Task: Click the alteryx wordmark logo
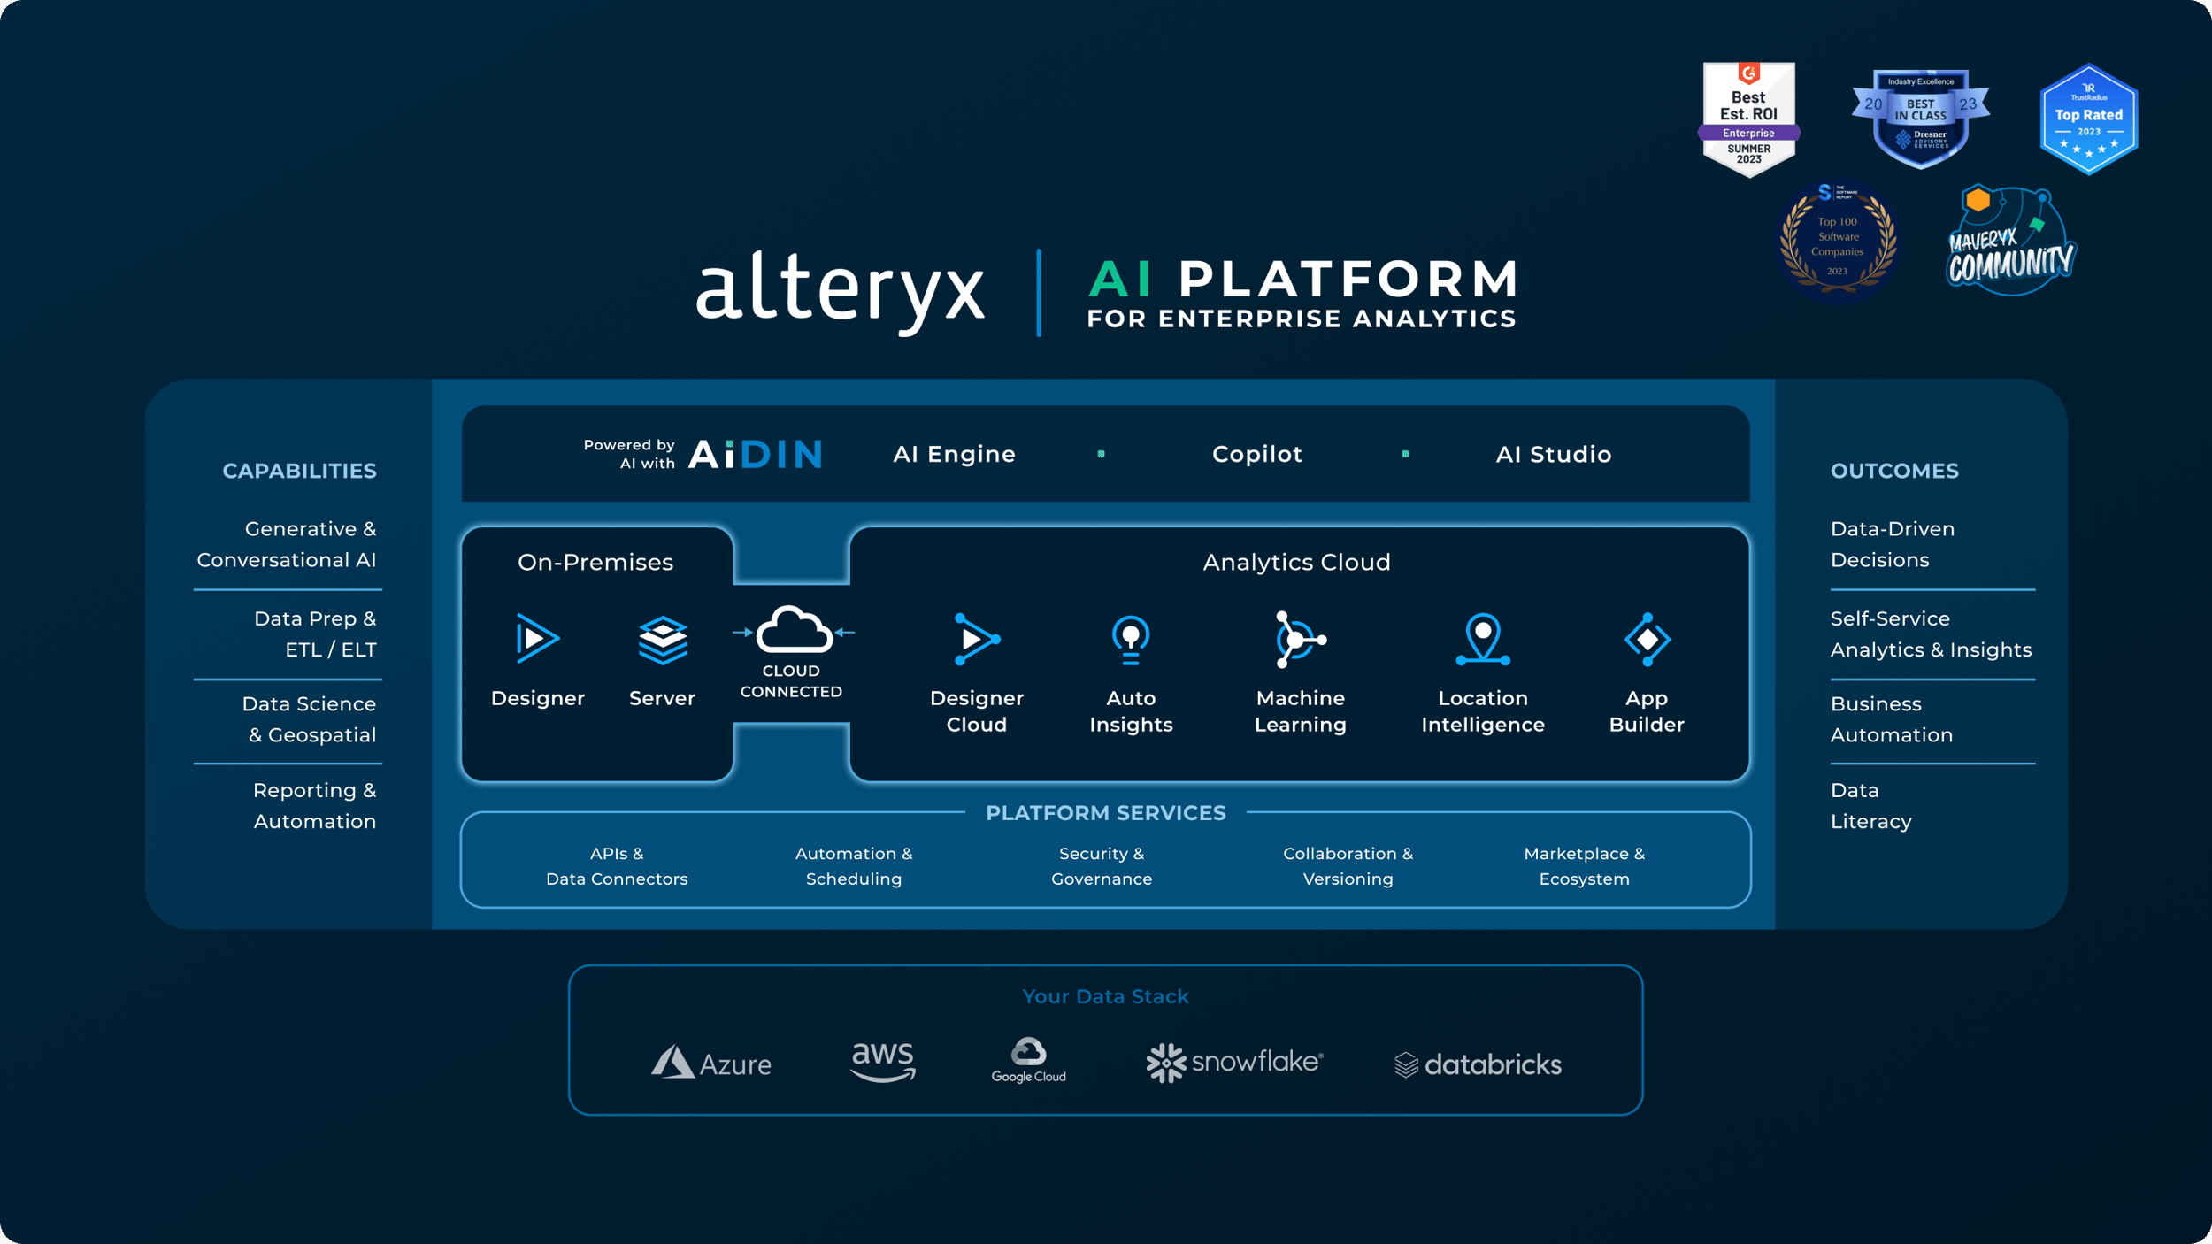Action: point(841,290)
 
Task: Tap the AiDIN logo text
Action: point(755,454)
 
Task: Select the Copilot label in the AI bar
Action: point(1256,454)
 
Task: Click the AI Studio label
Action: point(1553,454)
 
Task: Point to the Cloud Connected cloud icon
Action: point(793,630)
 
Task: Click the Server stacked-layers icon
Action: point(663,640)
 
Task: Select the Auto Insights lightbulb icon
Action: point(1131,639)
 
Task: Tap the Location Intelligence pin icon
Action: point(1483,639)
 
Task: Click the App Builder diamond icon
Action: point(1647,639)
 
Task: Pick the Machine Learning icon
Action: point(1299,639)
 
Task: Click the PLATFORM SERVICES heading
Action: point(1105,813)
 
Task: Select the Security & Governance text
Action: point(1102,866)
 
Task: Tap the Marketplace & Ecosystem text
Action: point(1584,866)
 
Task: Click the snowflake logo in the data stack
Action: point(1234,1062)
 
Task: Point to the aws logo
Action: point(882,1060)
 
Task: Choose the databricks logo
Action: point(1478,1064)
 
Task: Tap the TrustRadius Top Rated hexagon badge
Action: point(2088,119)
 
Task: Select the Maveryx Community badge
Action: point(2010,243)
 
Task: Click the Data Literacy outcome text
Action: point(1870,805)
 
